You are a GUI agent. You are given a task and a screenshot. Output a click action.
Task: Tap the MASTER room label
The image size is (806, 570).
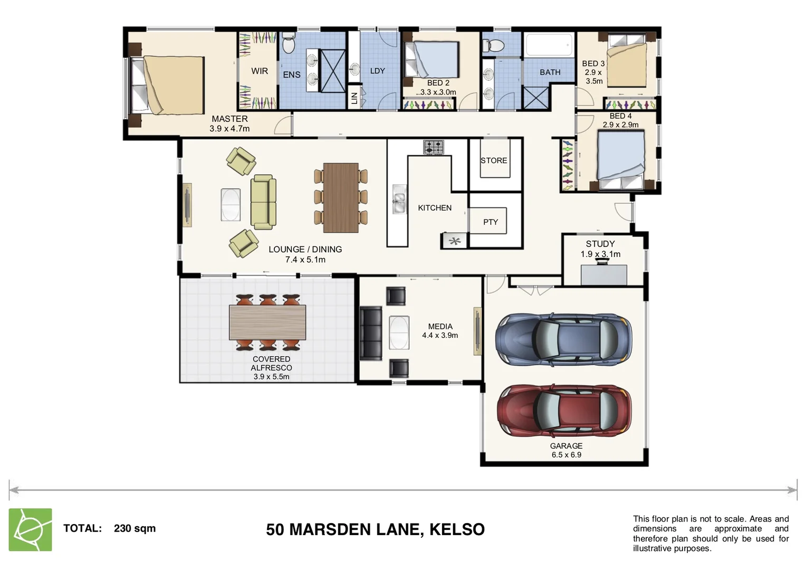pyautogui.click(x=229, y=119)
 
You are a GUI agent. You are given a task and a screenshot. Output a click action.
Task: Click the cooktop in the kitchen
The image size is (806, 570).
pyautogui.click(x=433, y=147)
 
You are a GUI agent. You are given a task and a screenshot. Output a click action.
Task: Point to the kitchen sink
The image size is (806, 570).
pyautogui.click(x=399, y=199)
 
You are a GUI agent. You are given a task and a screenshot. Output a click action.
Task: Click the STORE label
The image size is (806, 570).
pyautogui.click(x=494, y=160)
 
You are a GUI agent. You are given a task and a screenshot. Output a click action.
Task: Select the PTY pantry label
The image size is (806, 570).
pyautogui.click(x=490, y=222)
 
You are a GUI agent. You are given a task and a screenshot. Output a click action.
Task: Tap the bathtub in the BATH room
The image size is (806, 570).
pyautogui.click(x=549, y=45)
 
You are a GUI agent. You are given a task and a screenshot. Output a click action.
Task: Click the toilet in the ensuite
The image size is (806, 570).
pyautogui.click(x=288, y=43)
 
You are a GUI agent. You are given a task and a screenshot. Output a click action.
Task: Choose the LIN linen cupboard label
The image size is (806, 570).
pyautogui.click(x=354, y=98)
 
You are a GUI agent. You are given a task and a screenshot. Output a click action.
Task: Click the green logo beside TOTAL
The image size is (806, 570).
pyautogui.click(x=31, y=529)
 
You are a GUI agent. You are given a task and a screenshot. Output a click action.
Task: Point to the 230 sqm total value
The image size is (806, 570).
pyautogui.click(x=135, y=528)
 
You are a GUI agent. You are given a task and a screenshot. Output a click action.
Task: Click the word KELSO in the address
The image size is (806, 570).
pyautogui.click(x=457, y=529)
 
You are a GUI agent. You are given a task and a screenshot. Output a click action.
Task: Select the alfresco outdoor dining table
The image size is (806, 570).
pyautogui.click(x=267, y=322)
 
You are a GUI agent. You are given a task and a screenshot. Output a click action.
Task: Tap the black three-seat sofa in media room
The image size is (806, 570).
pyautogui.click(x=370, y=333)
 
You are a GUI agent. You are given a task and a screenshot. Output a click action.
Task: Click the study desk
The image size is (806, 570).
pyautogui.click(x=603, y=274)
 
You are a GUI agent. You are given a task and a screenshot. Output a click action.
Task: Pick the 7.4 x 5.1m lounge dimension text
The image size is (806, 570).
pyautogui.click(x=305, y=260)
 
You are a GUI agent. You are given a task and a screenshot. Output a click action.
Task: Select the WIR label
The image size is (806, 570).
pyautogui.click(x=260, y=71)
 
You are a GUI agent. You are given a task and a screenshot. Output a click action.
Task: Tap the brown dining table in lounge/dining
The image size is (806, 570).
pyautogui.click(x=341, y=197)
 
